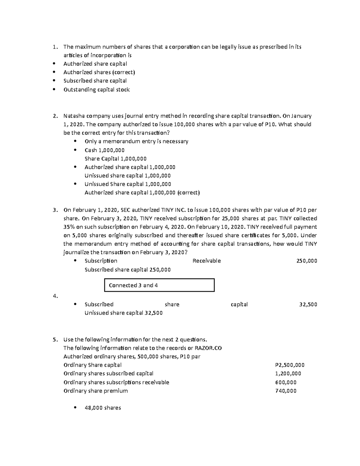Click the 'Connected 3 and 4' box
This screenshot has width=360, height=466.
tap(159, 285)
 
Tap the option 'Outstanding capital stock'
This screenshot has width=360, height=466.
tap(96, 89)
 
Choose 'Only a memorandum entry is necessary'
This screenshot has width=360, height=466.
tap(136, 141)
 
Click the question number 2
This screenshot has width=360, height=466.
tap(55, 116)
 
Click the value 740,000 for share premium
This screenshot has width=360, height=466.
tap(286, 391)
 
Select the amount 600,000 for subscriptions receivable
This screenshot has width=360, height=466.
tap(286, 382)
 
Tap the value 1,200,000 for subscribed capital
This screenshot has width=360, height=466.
tap(288, 374)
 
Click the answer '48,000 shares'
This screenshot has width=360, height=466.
tap(103, 408)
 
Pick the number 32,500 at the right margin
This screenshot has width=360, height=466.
tap(308, 304)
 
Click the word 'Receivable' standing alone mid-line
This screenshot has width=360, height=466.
tap(206, 261)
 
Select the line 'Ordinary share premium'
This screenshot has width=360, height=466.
tap(95, 391)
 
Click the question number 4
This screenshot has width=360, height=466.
tap(55, 296)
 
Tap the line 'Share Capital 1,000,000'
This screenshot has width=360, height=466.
tap(115, 159)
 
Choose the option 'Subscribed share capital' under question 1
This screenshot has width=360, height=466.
tap(95, 81)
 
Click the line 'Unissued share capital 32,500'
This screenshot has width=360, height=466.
tap(123, 313)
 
